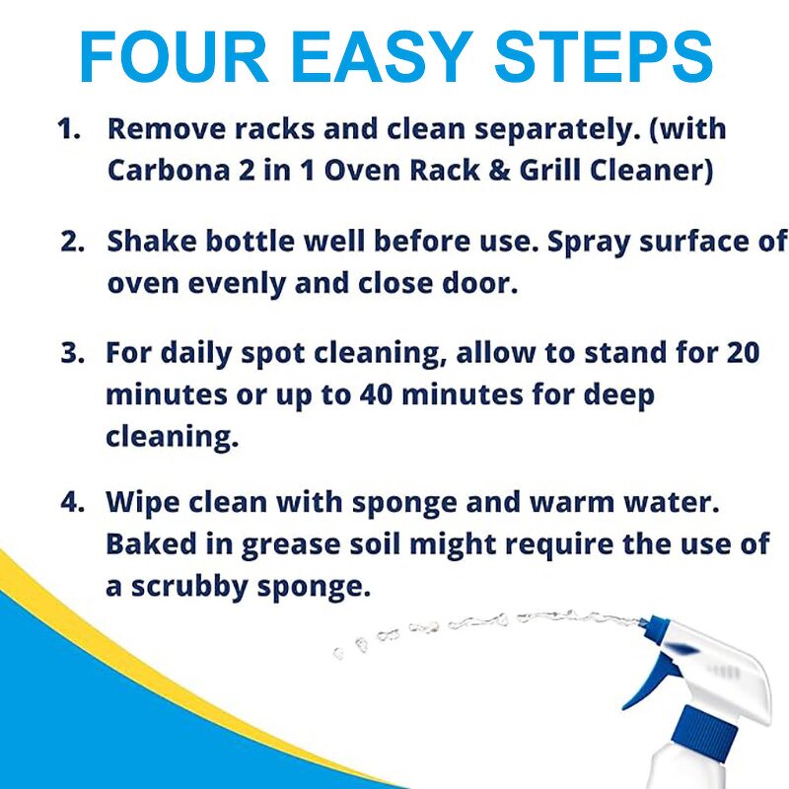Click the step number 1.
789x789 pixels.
(68, 129)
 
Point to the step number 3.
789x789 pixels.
(72, 353)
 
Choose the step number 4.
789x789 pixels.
(72, 501)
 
